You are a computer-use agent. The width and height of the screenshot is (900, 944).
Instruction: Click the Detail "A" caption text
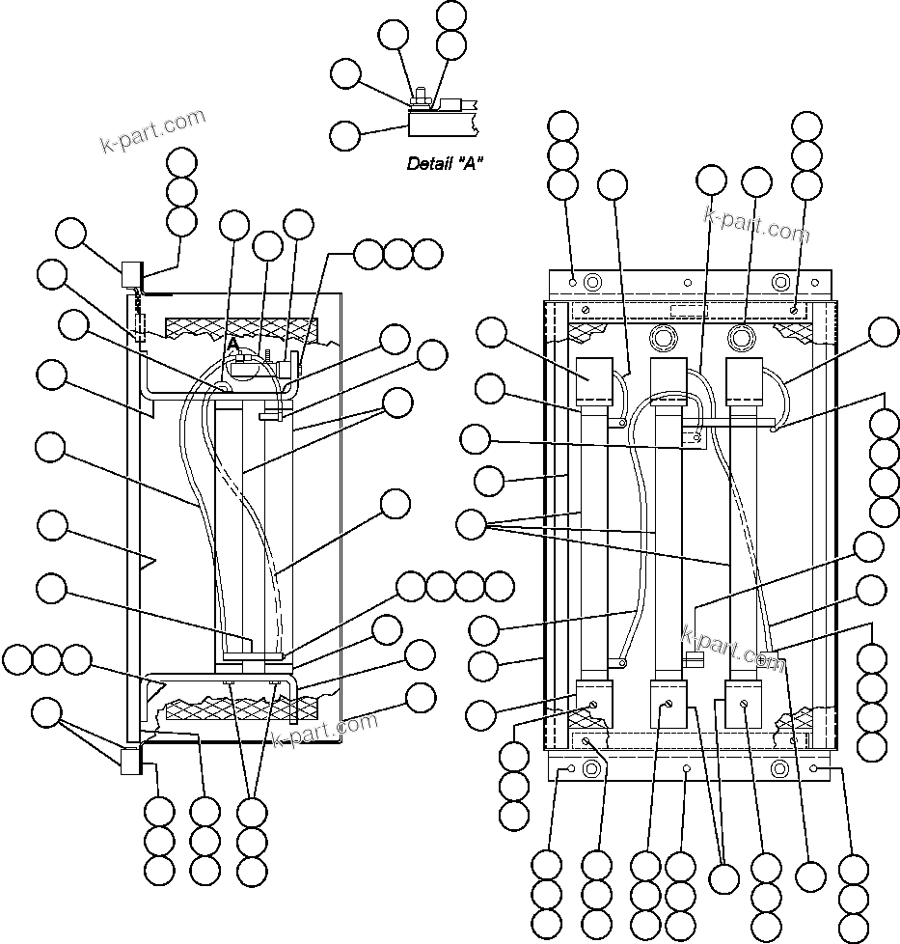[445, 163]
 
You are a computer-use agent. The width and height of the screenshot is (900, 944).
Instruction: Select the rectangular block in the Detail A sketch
[440, 124]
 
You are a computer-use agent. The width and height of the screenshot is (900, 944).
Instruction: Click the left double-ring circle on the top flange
[593, 282]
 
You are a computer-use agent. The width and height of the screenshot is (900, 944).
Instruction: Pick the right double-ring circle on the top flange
[780, 282]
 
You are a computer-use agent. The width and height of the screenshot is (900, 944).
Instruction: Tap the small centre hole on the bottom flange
[687, 769]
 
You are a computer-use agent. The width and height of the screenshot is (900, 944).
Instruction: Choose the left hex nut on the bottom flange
[593, 769]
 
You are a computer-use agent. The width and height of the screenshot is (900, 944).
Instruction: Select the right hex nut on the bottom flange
[780, 769]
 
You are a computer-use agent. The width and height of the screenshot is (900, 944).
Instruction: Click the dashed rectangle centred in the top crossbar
[688, 311]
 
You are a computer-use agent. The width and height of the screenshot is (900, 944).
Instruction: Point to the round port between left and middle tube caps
[662, 338]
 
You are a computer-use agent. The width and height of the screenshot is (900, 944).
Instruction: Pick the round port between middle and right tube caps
[741, 338]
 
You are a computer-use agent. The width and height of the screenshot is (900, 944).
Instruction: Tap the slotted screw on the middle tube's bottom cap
[668, 707]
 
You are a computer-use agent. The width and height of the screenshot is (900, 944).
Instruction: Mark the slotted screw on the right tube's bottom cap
[744, 707]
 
